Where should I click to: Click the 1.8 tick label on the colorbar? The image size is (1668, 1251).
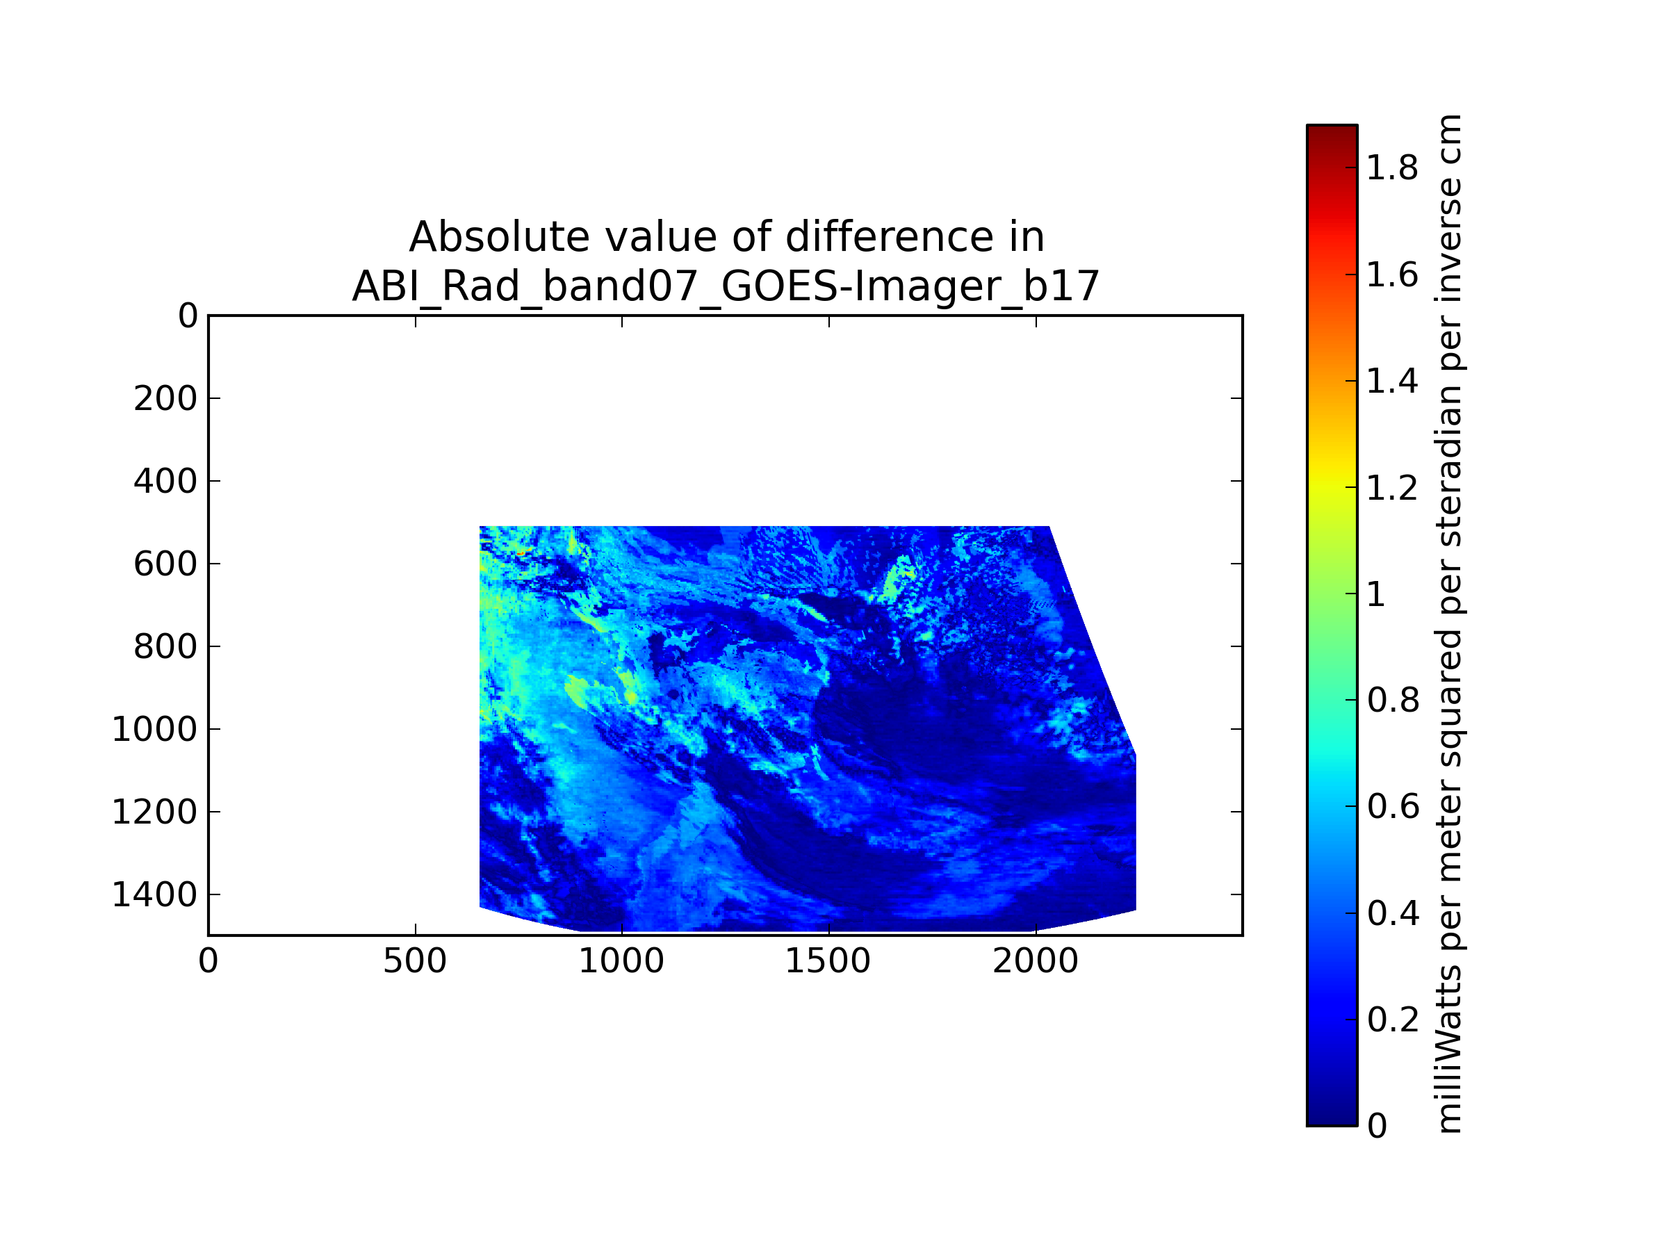tap(1392, 168)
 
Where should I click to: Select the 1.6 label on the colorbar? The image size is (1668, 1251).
tap(1392, 275)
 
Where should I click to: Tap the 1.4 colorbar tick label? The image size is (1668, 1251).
tap(1392, 381)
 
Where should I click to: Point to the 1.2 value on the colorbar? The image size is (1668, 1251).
tap(1392, 488)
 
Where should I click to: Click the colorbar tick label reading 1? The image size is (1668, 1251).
tap(1376, 594)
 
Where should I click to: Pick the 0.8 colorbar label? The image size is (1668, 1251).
tap(1392, 701)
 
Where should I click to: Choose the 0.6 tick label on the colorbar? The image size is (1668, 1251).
tap(1392, 807)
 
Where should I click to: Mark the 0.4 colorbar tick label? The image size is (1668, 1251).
tap(1392, 913)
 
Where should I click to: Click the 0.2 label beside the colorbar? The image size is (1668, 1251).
tap(1392, 1020)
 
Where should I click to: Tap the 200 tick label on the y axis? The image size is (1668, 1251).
tap(166, 398)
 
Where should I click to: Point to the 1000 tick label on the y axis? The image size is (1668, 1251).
tap(154, 729)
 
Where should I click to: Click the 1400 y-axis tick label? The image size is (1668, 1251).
tap(154, 894)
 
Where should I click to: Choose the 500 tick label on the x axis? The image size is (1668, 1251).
tap(415, 961)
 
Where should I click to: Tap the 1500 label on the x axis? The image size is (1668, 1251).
tap(828, 961)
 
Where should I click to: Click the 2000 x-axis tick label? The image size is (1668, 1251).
tap(1036, 961)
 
